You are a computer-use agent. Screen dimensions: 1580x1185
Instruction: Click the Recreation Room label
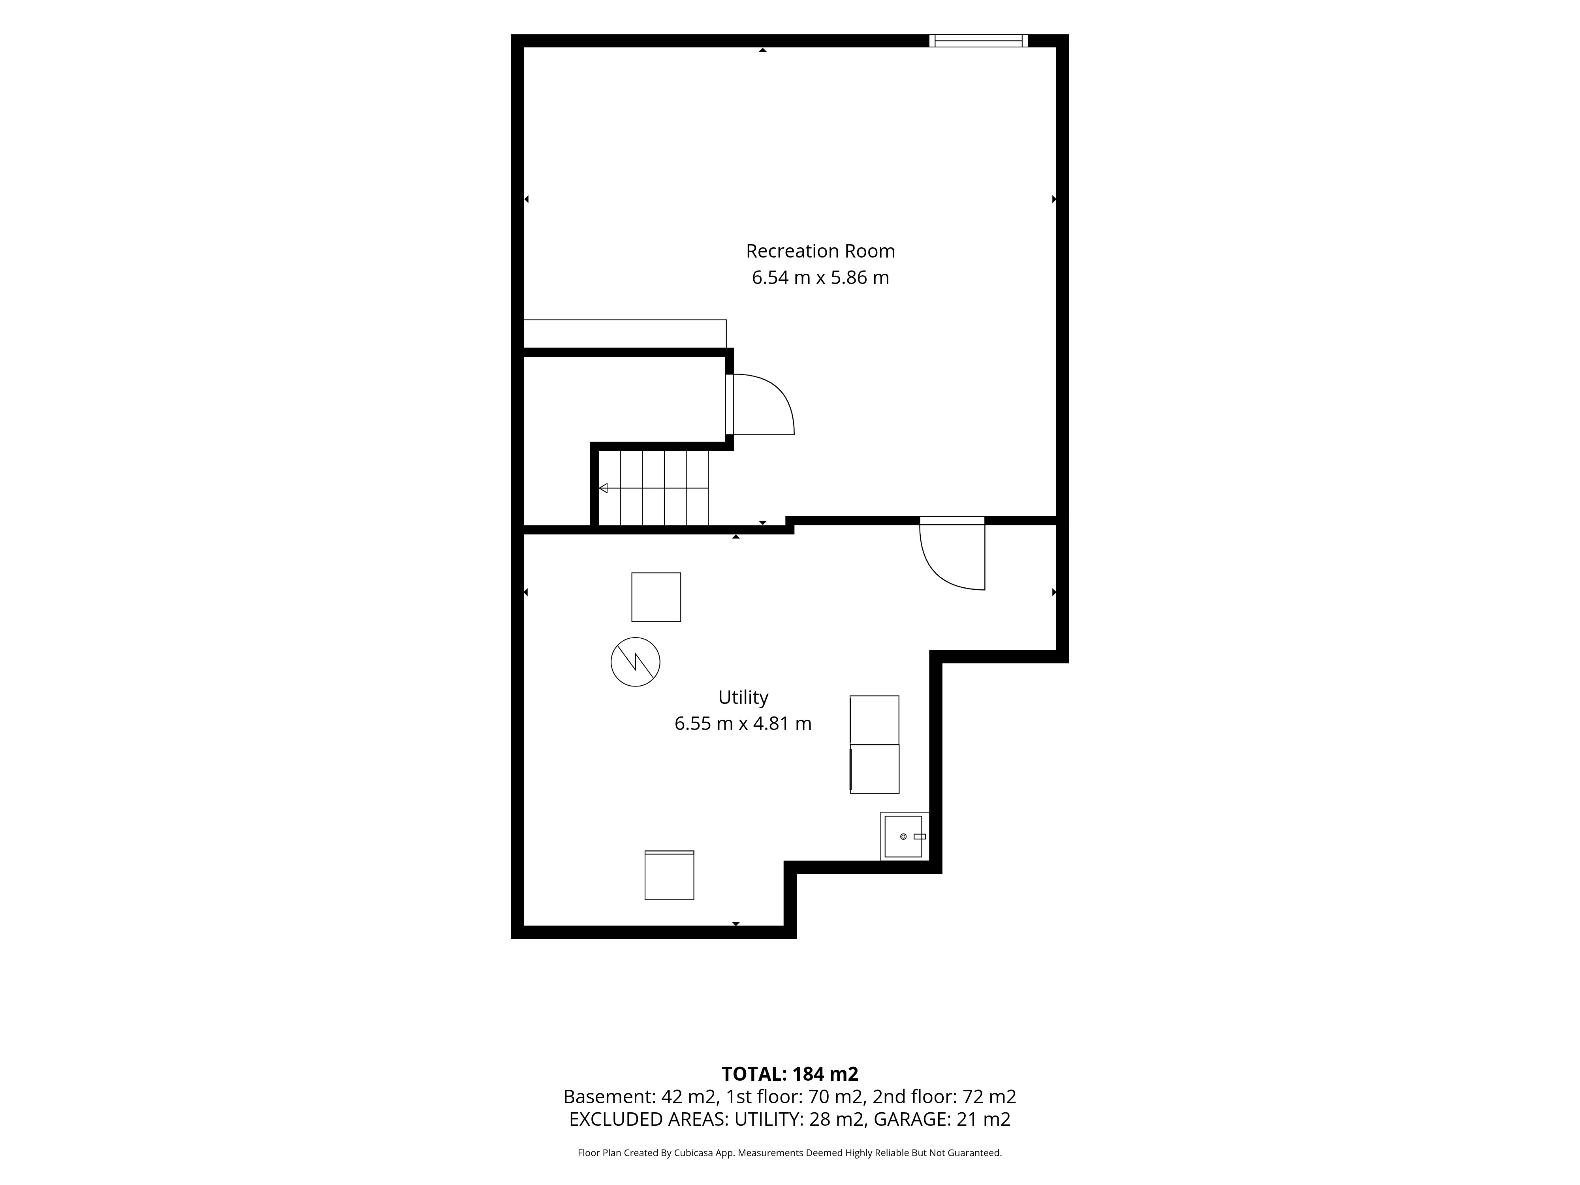click(820, 252)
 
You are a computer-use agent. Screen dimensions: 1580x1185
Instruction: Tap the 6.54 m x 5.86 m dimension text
click(820, 278)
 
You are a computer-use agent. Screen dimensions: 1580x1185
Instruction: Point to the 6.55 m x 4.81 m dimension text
click(743, 724)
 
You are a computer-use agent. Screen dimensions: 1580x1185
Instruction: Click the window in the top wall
click(978, 41)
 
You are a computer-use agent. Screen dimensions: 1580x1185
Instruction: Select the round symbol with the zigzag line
click(635, 662)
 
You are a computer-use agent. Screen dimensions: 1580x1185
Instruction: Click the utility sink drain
click(904, 837)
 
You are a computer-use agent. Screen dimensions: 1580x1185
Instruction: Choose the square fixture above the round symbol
click(656, 597)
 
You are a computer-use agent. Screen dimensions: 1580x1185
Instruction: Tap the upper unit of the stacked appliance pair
click(874, 720)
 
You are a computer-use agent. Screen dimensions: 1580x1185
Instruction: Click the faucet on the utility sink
click(920, 837)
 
